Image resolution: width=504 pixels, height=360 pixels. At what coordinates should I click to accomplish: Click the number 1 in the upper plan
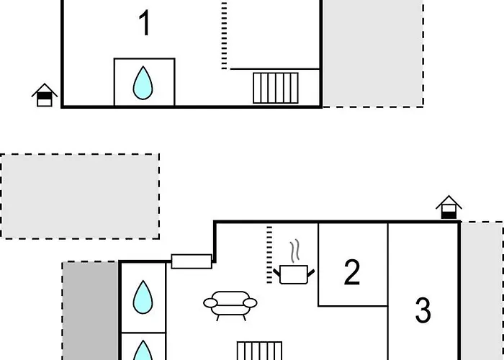pyautogui.click(x=145, y=24)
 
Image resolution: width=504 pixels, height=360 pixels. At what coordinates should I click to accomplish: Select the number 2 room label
pyautogui.click(x=351, y=273)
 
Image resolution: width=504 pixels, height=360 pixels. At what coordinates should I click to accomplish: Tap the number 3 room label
pyautogui.click(x=423, y=310)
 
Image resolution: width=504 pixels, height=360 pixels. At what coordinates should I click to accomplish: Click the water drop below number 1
pyautogui.click(x=143, y=84)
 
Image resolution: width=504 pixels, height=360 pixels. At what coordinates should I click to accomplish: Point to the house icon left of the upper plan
pyautogui.click(x=45, y=95)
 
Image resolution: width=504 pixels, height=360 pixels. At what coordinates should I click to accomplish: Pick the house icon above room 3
pyautogui.click(x=449, y=207)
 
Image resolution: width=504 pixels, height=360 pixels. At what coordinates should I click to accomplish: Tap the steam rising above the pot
pyautogui.click(x=294, y=253)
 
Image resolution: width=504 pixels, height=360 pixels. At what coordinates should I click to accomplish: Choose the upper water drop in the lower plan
pyautogui.click(x=143, y=296)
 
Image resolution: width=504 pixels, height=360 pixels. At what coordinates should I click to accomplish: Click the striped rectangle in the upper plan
pyautogui.click(x=276, y=88)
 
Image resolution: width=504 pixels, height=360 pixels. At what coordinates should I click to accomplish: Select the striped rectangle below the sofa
pyautogui.click(x=259, y=351)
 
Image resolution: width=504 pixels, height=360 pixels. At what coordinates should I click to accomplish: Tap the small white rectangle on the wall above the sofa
pyautogui.click(x=192, y=261)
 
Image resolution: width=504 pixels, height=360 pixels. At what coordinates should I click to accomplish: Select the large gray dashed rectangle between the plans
pyautogui.click(x=80, y=196)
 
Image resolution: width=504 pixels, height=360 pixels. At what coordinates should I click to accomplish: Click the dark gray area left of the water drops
pyautogui.click(x=91, y=310)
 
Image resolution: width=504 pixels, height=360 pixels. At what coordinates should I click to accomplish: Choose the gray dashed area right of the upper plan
pyautogui.click(x=372, y=54)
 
